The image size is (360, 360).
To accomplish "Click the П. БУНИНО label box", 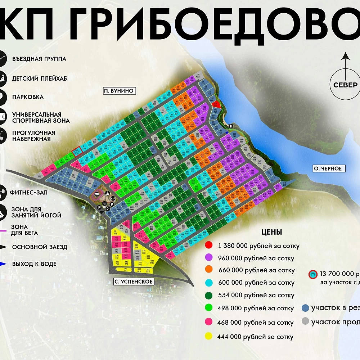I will [x=118, y=91].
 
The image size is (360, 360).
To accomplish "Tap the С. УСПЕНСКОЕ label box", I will [x=134, y=282].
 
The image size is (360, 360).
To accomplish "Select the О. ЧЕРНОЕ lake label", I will [x=327, y=168].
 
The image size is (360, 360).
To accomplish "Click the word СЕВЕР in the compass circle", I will [x=345, y=85].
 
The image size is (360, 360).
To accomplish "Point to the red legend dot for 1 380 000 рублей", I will [x=208, y=246].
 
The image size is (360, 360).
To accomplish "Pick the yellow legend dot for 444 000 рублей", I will [x=208, y=337].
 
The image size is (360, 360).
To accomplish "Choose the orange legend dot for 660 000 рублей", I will [x=208, y=270].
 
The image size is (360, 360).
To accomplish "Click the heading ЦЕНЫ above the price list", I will [x=272, y=232].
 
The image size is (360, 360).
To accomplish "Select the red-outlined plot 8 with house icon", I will [x=77, y=152].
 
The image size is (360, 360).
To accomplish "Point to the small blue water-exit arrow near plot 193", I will [x=227, y=132].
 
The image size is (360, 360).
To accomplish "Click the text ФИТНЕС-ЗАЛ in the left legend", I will [x=30, y=193].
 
